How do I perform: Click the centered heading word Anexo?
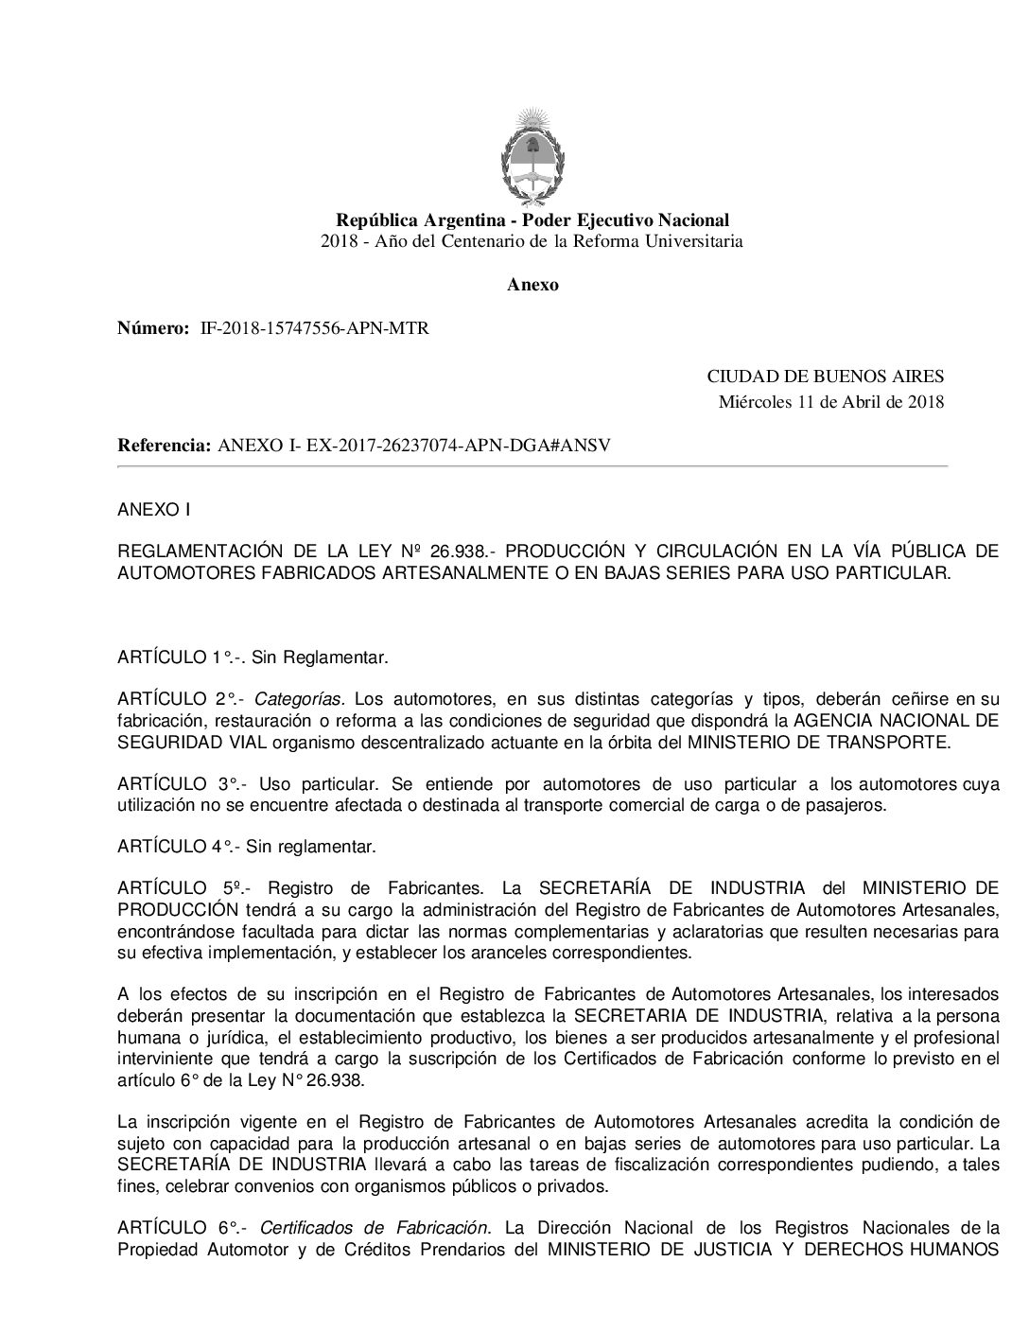click(532, 285)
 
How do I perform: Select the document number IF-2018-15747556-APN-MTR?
click(315, 329)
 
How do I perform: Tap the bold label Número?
click(153, 329)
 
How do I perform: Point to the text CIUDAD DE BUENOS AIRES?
click(826, 377)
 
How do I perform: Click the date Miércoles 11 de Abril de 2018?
click(831, 402)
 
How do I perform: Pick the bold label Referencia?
click(164, 446)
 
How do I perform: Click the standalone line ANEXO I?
click(153, 510)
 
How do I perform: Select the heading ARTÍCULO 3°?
click(177, 784)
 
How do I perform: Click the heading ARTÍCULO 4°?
click(177, 847)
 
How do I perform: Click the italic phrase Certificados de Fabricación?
click(375, 1228)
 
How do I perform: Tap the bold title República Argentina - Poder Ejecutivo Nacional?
click(532, 220)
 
